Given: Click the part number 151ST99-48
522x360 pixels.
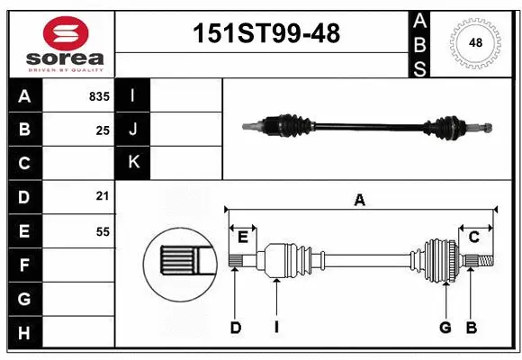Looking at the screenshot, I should pyautogui.click(x=267, y=33).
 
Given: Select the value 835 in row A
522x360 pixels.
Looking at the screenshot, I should pyautogui.click(x=97, y=96).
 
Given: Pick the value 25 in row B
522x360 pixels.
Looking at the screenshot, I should pyautogui.click(x=102, y=130).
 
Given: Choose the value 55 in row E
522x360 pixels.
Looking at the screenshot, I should pyautogui.click(x=102, y=231).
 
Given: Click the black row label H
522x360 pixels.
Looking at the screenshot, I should pyautogui.click(x=24, y=333).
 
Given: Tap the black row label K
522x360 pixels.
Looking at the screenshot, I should pyautogui.click(x=133, y=163).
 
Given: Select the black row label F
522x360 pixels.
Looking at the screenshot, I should pyautogui.click(x=24, y=265).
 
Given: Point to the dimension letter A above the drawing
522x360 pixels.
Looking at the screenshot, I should pyautogui.click(x=359, y=200).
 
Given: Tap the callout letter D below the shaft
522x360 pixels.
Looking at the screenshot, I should pyautogui.click(x=235, y=328).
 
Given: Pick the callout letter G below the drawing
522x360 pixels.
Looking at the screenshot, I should pyautogui.click(x=445, y=328).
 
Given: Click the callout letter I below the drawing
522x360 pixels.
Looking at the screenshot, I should pyautogui.click(x=276, y=328).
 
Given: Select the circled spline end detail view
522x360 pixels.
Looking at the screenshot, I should pyautogui.click(x=177, y=261).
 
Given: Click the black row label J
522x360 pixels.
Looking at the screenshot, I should pyautogui.click(x=133, y=130).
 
